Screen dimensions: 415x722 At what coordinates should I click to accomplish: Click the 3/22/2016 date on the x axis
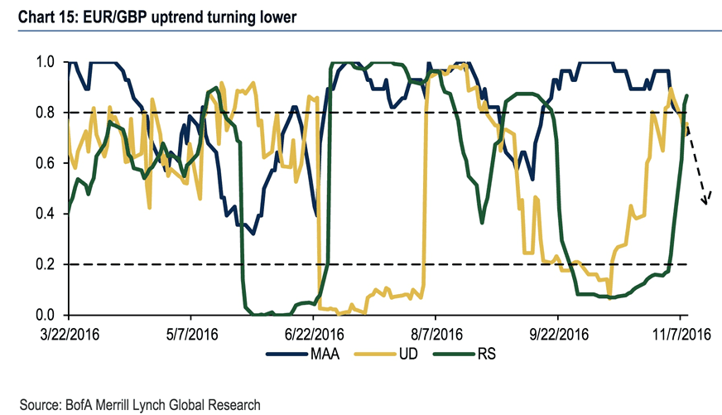68,335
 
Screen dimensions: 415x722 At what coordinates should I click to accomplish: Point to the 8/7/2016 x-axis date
436,335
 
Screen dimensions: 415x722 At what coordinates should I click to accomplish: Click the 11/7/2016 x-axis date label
680,335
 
